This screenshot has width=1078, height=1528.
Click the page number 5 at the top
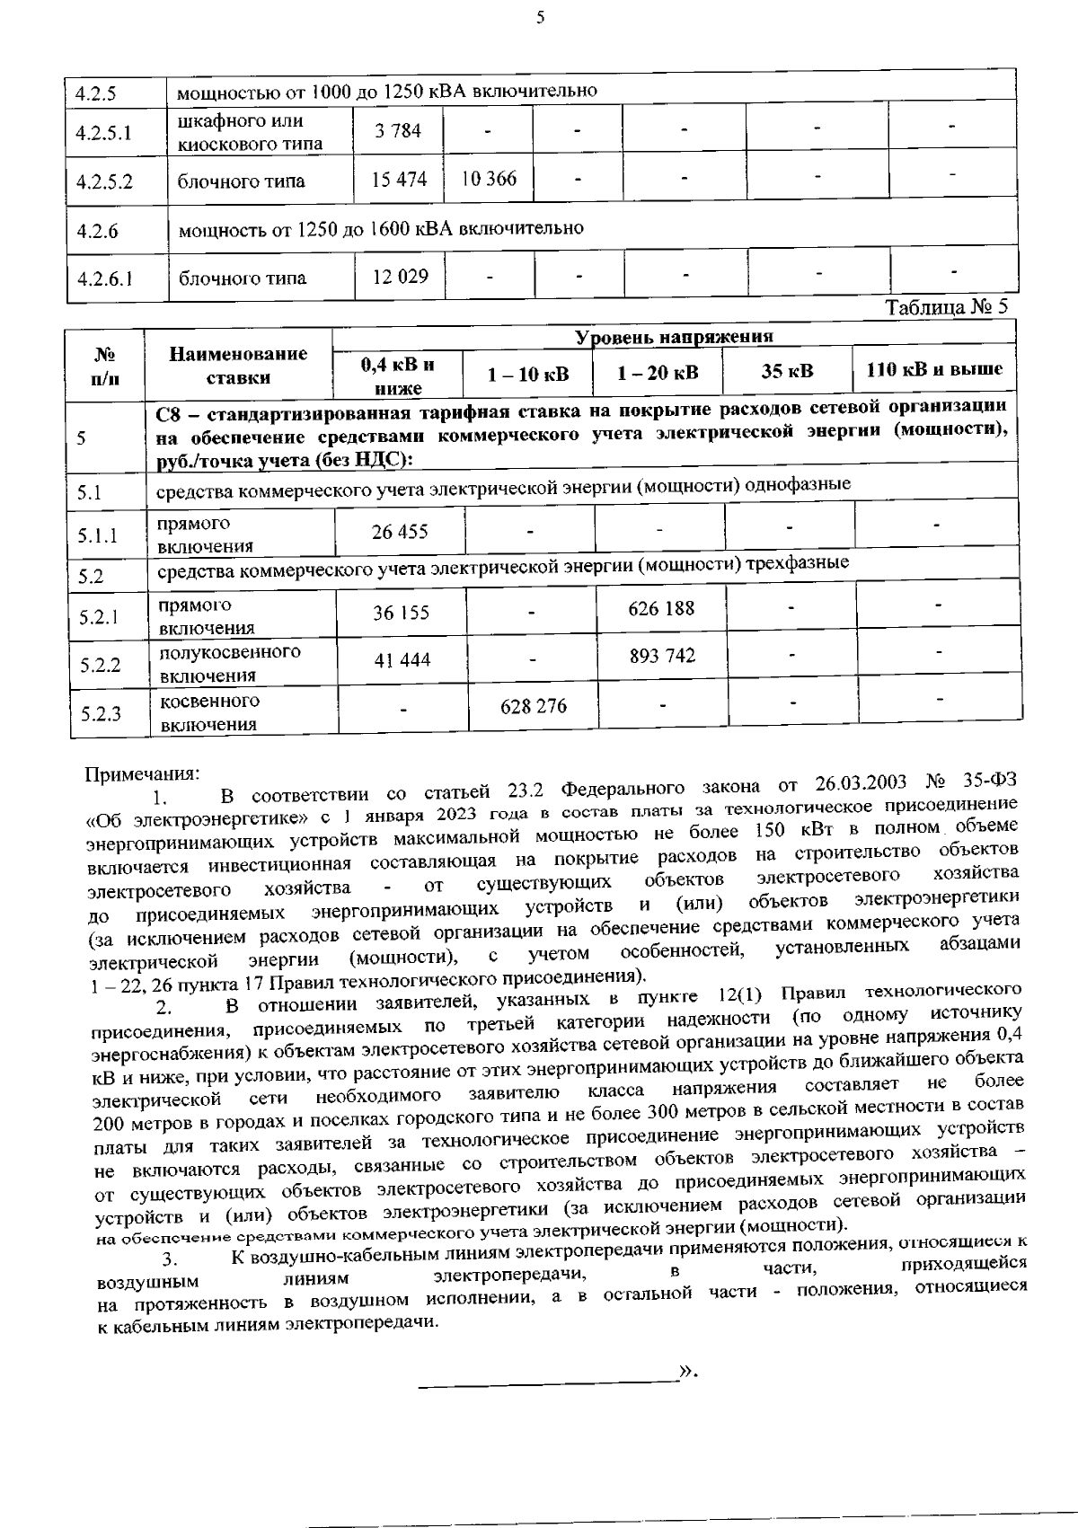[540, 17]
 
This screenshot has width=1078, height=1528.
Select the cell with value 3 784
[398, 131]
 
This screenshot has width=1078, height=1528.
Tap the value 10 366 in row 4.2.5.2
[489, 179]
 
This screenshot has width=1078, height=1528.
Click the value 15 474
[399, 180]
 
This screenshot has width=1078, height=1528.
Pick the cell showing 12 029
[400, 277]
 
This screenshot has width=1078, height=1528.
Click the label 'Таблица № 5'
[946, 307]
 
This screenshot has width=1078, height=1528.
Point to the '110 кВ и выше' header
[934, 370]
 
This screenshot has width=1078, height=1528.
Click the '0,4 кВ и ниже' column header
[397, 376]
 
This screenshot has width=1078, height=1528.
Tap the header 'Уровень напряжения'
[674, 338]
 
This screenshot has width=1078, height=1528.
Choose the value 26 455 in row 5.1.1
[400, 532]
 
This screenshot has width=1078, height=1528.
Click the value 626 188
[661, 609]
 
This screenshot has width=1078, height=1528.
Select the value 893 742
[662, 656]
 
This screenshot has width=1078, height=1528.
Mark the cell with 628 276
[533, 706]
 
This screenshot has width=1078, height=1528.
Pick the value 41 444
[402, 660]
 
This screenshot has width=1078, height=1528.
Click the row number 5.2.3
[100, 714]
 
